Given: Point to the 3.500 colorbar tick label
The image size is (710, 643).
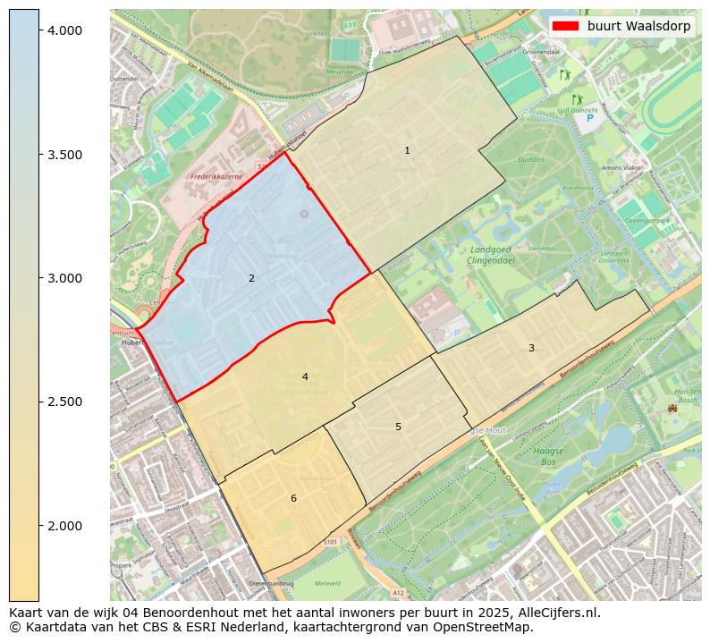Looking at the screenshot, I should (x=63, y=155).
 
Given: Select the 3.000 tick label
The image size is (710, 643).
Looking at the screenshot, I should (x=63, y=278).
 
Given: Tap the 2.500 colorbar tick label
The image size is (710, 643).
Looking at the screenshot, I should (x=63, y=402).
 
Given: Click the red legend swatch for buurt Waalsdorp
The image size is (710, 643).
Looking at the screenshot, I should (x=566, y=26).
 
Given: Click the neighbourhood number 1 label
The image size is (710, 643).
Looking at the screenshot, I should (x=407, y=151).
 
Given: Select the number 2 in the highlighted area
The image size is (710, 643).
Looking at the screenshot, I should (x=251, y=279).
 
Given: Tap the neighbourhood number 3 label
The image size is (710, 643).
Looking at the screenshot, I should (x=531, y=348).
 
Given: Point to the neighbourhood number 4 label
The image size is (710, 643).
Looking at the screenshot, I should (x=305, y=377).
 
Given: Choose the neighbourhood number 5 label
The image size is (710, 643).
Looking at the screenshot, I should (x=398, y=427).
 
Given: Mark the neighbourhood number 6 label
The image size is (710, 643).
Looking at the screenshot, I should (x=293, y=498).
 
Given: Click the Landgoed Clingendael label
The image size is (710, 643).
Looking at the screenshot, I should (x=489, y=255).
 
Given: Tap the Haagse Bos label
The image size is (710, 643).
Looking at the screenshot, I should (x=548, y=457).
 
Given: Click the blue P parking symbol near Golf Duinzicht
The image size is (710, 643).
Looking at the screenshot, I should (x=590, y=118).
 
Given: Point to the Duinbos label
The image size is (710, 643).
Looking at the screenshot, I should (x=531, y=159).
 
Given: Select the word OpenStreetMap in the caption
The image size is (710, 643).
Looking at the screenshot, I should (x=487, y=627).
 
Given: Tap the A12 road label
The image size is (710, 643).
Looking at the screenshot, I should (x=397, y=592).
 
